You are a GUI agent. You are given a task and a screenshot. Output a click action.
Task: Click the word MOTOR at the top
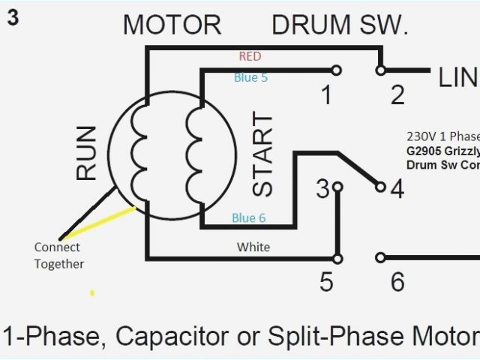172,25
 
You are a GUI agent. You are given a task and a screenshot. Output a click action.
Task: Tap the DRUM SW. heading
340,25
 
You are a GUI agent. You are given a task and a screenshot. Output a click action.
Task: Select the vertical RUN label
87,153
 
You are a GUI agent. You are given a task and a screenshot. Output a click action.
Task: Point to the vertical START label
262,154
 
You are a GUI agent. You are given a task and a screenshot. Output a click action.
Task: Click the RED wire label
250,56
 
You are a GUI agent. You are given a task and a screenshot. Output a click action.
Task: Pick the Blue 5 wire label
250,76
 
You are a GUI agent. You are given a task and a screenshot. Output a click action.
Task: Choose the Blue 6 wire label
249,218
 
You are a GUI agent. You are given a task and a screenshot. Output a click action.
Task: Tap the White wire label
253,247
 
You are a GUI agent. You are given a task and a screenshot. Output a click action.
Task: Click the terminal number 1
325,95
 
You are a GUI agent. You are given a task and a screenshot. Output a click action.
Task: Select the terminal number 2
397,95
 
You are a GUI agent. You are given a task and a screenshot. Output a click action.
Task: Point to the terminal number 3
322,189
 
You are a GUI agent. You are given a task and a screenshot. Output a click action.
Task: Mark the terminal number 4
397,189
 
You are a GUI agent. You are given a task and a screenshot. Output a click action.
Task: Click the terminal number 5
326,282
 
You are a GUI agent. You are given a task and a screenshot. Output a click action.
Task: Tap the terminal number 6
397,282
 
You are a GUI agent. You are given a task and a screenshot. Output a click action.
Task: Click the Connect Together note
59,255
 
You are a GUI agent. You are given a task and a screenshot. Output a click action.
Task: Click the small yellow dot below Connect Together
92,292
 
